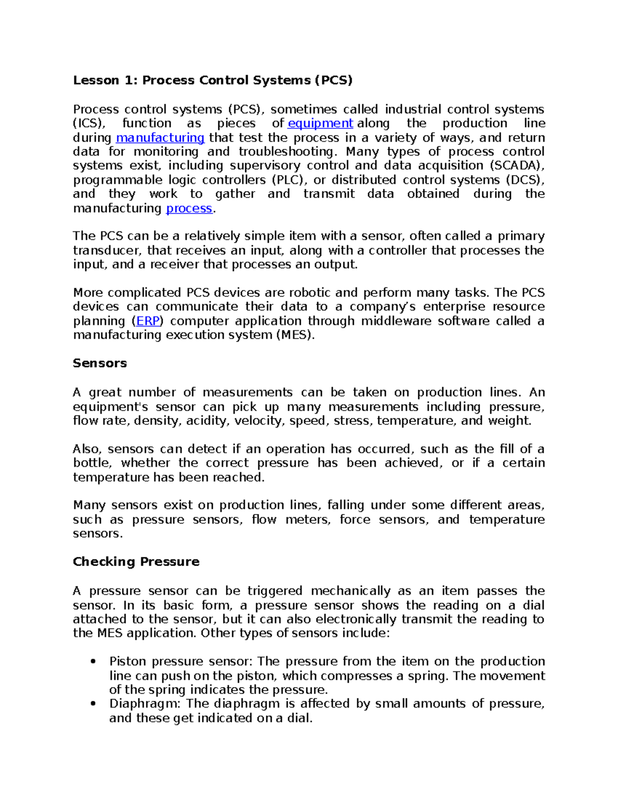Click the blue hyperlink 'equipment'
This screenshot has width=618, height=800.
(x=320, y=123)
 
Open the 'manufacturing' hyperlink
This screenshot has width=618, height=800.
(x=160, y=138)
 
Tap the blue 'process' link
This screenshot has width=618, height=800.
(x=189, y=208)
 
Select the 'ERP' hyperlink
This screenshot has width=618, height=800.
(x=148, y=321)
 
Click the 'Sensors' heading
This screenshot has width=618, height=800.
(x=99, y=363)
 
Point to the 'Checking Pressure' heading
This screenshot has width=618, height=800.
(x=136, y=561)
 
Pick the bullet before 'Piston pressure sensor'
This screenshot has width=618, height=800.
(x=93, y=662)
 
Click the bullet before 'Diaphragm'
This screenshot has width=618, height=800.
(x=93, y=704)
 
